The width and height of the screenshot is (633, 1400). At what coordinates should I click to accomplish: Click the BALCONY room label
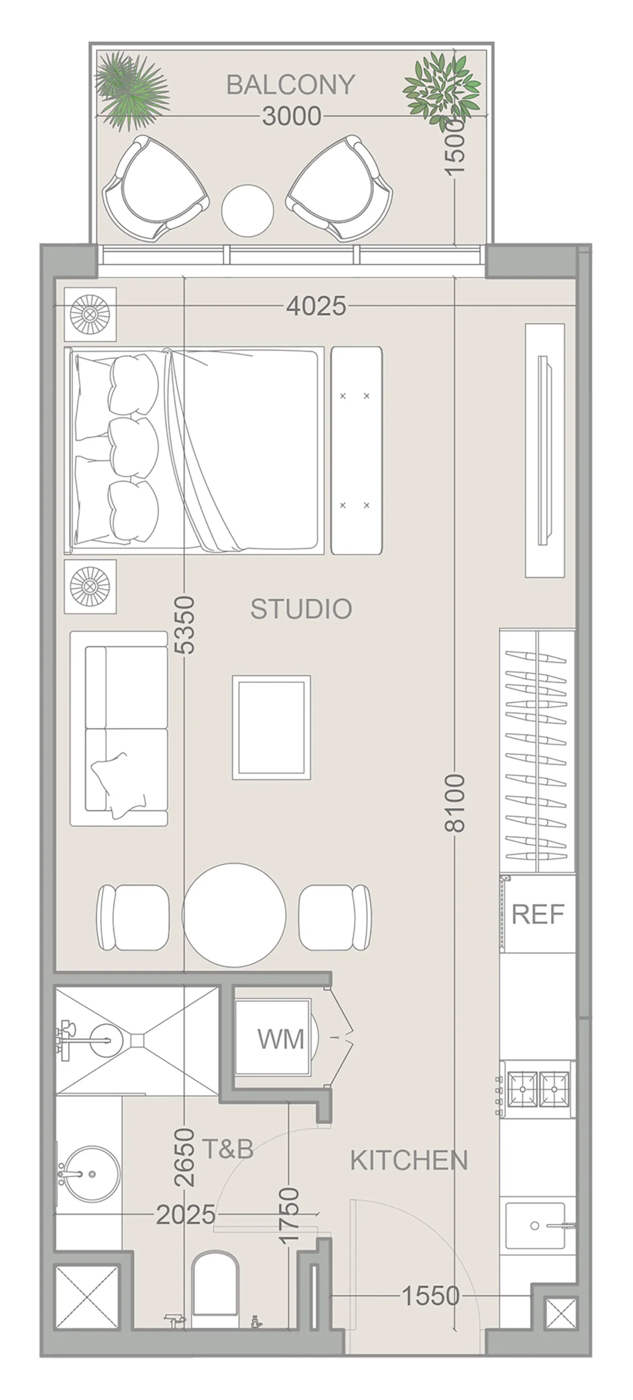pyautogui.click(x=290, y=85)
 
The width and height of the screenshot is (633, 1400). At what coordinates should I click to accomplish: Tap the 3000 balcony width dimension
pyautogui.click(x=291, y=116)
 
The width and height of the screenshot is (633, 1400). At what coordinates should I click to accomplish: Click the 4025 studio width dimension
pyautogui.click(x=316, y=306)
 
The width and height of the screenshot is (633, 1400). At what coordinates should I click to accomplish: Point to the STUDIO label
pyautogui.click(x=301, y=609)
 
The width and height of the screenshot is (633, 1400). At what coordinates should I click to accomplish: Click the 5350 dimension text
pyautogui.click(x=184, y=625)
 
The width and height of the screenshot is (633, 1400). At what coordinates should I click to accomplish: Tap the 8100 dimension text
pyautogui.click(x=455, y=803)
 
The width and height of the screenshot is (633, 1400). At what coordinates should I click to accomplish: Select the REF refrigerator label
pyautogui.click(x=537, y=914)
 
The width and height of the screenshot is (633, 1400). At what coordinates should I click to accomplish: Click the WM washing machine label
pyautogui.click(x=281, y=1039)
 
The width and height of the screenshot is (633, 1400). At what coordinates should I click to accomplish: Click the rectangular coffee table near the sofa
pyautogui.click(x=271, y=727)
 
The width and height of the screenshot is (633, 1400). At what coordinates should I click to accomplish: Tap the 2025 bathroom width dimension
pyautogui.click(x=186, y=1215)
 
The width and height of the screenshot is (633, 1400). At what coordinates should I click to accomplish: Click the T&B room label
pyautogui.click(x=228, y=1149)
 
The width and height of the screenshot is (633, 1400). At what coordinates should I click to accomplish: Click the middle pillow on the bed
pyautogui.click(x=133, y=447)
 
